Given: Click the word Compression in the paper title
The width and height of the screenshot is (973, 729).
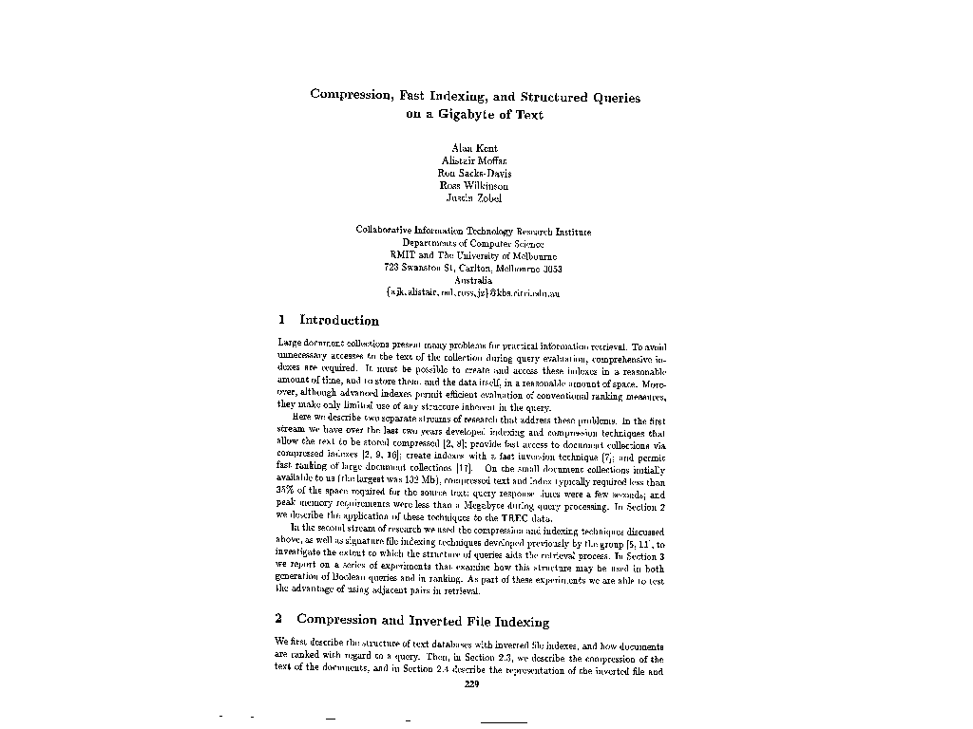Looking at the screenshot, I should coord(348,97).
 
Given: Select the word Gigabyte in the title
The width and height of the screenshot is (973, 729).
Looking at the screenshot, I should coord(468,115).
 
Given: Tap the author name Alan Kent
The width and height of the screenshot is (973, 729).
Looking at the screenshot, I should coord(473,149).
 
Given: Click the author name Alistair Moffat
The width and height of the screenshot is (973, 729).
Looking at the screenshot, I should coord(473,161).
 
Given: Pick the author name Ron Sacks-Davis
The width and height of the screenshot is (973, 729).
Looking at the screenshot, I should coord(473,174).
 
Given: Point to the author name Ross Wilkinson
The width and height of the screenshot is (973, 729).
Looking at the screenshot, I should coord(473,186).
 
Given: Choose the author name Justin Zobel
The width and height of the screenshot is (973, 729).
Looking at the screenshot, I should coord(473,198).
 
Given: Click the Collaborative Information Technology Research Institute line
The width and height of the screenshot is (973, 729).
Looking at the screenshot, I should coord(473,231).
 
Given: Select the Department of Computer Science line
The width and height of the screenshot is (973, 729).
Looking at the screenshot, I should coord(473,243).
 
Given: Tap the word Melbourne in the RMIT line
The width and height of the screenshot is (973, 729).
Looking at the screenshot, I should coord(531,255).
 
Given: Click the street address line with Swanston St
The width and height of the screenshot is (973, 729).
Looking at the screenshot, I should coord(473,268).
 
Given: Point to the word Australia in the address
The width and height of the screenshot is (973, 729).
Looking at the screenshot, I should coord(473,280).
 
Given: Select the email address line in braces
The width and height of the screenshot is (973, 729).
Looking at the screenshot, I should coord(473,293).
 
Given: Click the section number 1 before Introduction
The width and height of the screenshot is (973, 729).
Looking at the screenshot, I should coord(281,321).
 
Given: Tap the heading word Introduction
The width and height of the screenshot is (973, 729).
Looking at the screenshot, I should coord(339,321).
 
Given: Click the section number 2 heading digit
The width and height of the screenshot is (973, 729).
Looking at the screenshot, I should coord(281,622).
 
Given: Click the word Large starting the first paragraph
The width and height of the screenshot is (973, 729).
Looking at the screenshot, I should coord(289,342).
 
